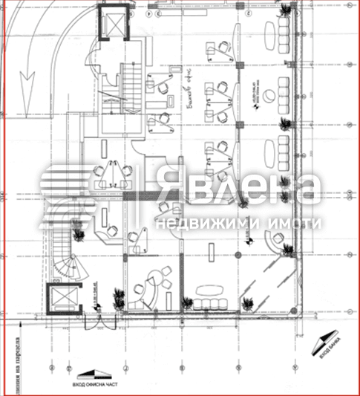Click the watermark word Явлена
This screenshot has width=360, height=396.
(x=238, y=189)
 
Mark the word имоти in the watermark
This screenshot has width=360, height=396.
(x=293, y=223)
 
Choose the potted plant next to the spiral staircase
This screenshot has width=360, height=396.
(x=80, y=233)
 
